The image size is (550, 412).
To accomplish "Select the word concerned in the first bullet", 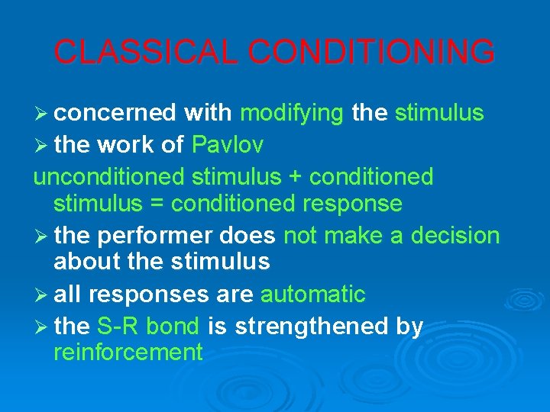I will coord(115,114).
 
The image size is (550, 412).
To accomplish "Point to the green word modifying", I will coord(292,114).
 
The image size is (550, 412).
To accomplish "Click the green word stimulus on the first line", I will coord(439,114).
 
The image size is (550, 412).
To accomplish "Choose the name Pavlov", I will coord(228,144).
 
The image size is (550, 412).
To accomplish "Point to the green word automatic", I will coord(313,294).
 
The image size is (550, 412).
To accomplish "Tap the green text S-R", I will coord(118,327).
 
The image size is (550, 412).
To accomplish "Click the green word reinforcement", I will coord(128,352).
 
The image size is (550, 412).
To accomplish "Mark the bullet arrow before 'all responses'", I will coord(41,295).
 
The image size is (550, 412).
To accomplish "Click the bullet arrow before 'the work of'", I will coord(41,145).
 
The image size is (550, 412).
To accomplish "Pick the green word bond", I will coord(173,327).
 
